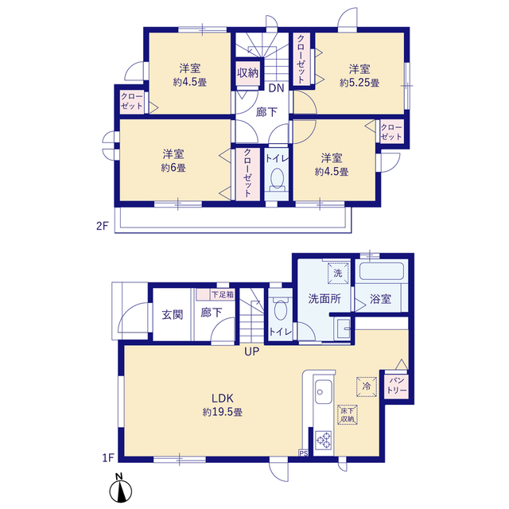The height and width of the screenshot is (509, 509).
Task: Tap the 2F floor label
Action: point(102,226)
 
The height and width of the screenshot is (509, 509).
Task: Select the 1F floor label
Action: point(108,458)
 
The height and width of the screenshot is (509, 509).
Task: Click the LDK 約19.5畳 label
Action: point(223,405)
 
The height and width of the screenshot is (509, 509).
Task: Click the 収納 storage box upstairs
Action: point(247,73)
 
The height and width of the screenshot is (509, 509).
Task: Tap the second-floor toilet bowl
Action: point(277,179)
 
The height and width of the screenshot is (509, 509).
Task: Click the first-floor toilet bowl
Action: point(281,310)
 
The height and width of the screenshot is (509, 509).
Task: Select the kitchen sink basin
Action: point(323,391)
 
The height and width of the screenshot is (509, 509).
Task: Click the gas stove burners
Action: point(324,440)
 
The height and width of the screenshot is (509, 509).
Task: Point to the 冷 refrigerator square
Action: point(367,387)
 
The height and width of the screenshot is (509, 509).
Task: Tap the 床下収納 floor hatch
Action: point(348,414)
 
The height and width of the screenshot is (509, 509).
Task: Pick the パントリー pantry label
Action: point(396,385)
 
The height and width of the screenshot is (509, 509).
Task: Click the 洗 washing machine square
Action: point(337,273)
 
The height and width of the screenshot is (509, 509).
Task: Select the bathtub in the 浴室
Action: point(382,271)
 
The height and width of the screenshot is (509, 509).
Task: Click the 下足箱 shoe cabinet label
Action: point(223,295)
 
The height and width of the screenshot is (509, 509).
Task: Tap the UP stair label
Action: point(251,352)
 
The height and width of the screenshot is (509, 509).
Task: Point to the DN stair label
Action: point(276,88)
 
